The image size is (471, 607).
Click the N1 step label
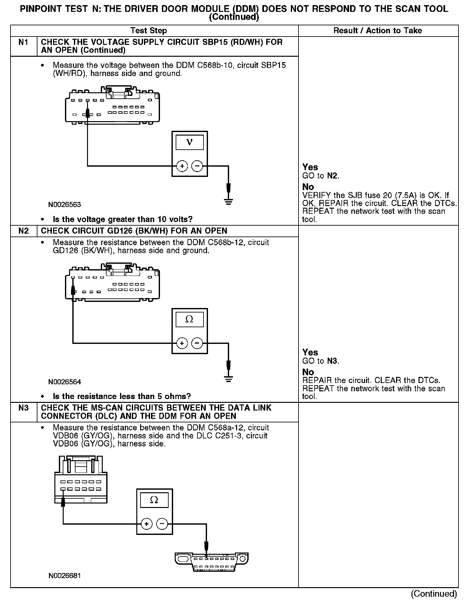coord(23,42)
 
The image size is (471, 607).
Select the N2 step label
coord(23,231)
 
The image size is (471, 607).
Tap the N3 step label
coord(23,408)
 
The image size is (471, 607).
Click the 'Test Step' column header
coord(148,31)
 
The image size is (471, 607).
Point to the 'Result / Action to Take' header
coord(378,31)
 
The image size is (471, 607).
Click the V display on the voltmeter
coord(189,142)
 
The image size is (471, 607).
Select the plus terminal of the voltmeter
coord(182,166)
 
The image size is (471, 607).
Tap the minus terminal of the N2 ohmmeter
coord(197,343)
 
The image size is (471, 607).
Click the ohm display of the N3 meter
coord(154,500)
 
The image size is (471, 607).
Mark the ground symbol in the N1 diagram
coord(228,201)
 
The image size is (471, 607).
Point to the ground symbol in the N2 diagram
coord(228,379)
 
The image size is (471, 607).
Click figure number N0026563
coord(65,204)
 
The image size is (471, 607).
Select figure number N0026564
coord(65,382)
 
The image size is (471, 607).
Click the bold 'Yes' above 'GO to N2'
coord(310,167)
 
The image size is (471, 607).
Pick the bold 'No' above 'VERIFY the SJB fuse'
coord(308,187)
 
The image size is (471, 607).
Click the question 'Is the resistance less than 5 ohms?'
coord(122,396)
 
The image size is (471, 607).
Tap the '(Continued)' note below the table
coord(434,594)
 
